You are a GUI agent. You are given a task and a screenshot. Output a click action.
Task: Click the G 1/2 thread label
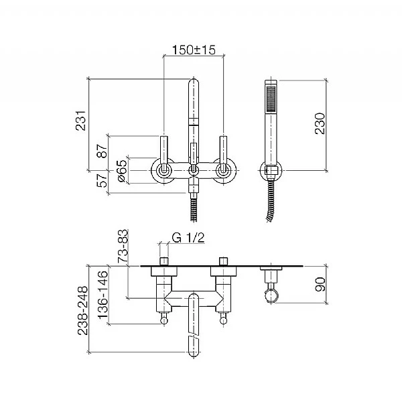[x=188, y=238]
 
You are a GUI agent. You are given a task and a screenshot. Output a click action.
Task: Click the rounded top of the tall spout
[x=193, y=85]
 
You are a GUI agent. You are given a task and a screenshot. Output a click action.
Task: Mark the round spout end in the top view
[x=193, y=346]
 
